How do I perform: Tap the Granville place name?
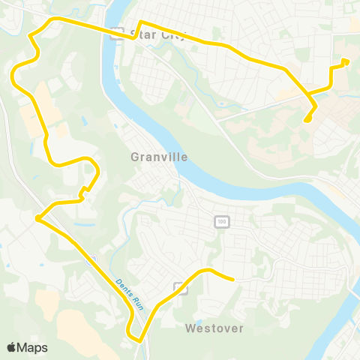pyautogui.click(x=158, y=157)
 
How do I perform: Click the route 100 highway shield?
pyautogui.click(x=220, y=221)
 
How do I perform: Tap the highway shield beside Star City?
pyautogui.click(x=116, y=34)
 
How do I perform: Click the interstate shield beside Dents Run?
pyautogui.click(x=91, y=260)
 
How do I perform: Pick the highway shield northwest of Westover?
pyautogui.click(x=180, y=286)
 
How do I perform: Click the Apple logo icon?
pyautogui.click(x=12, y=347)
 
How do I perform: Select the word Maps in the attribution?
pyautogui.click(x=32, y=347)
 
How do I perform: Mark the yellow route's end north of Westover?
pyautogui.click(x=233, y=279)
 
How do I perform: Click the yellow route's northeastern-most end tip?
pyautogui.click(x=346, y=62)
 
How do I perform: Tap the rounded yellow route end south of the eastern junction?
pyautogui.click(x=307, y=119)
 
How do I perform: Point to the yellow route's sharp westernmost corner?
pyautogui.click(x=37, y=217)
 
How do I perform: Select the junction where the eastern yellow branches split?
pyautogui.click(x=308, y=95)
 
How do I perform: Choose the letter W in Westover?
pyautogui.click(x=189, y=328)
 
